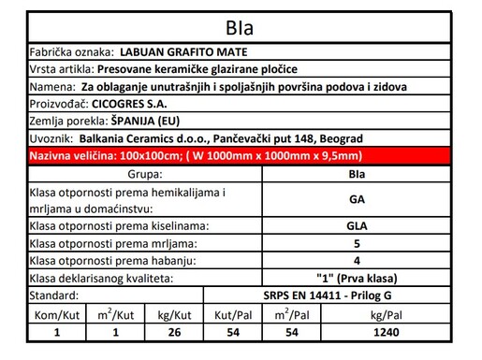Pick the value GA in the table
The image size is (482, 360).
pyautogui.click(x=357, y=199)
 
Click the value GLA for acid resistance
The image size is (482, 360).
pyautogui.click(x=357, y=225)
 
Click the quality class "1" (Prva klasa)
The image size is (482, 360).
pyautogui.click(x=357, y=279)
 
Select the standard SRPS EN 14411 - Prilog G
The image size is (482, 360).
pyautogui.click(x=357, y=296)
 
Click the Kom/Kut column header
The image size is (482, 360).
pyautogui.click(x=58, y=313)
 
